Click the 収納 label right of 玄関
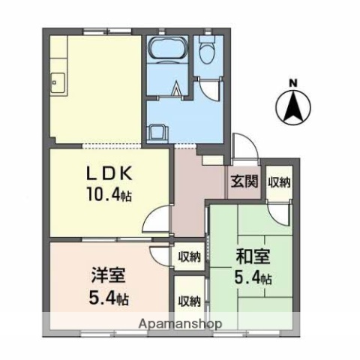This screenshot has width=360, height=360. (279, 182)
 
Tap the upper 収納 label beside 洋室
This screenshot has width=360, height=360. (189, 257)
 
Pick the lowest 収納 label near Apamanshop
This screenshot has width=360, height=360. (189, 301)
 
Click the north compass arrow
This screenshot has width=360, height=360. (293, 106)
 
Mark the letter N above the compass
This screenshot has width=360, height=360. (293, 82)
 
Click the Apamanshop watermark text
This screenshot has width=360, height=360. (179, 324)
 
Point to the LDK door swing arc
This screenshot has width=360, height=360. (154, 221)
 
